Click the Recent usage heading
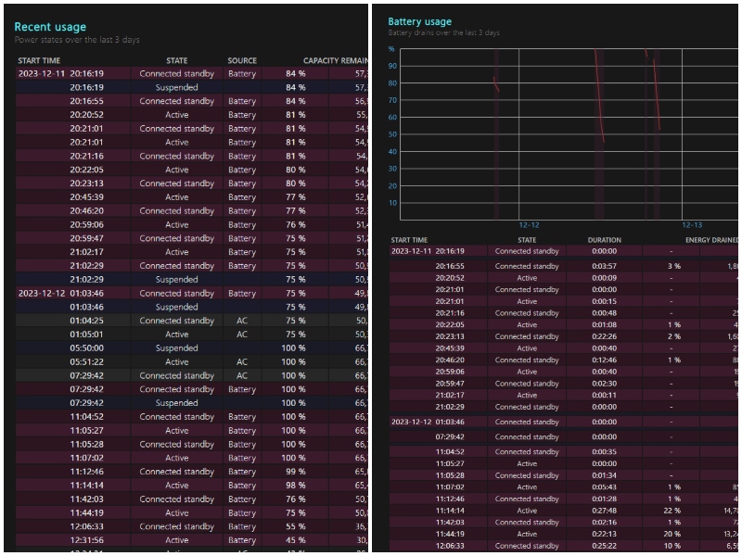[50, 27]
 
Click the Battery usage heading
[419, 21]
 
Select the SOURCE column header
[241, 61]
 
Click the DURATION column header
[604, 240]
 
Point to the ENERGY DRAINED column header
[712, 240]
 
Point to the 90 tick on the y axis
[393, 66]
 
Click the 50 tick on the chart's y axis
[393, 134]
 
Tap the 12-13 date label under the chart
[692, 225]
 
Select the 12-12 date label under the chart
[529, 225]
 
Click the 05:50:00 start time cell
[86, 348]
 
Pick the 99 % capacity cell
[295, 472]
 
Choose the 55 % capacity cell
[295, 526]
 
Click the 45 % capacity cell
[295, 540]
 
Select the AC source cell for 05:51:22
[242, 362]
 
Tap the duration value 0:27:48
[604, 511]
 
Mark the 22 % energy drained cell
[674, 511]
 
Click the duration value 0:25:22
[604, 546]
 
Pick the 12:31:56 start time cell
[86, 540]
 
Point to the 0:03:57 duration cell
[604, 266]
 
